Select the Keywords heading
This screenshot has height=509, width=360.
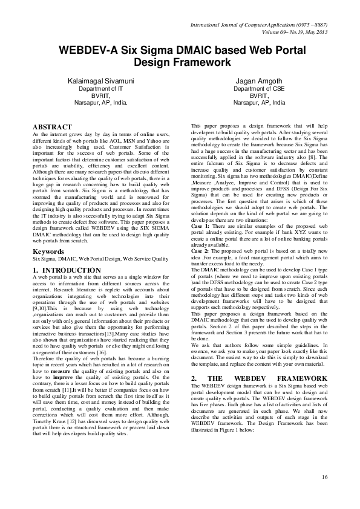(48, 267)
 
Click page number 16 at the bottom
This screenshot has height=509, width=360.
(325, 478)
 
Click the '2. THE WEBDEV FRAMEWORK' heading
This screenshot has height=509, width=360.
(259, 379)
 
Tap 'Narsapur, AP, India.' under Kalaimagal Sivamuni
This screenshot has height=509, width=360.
(100, 103)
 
